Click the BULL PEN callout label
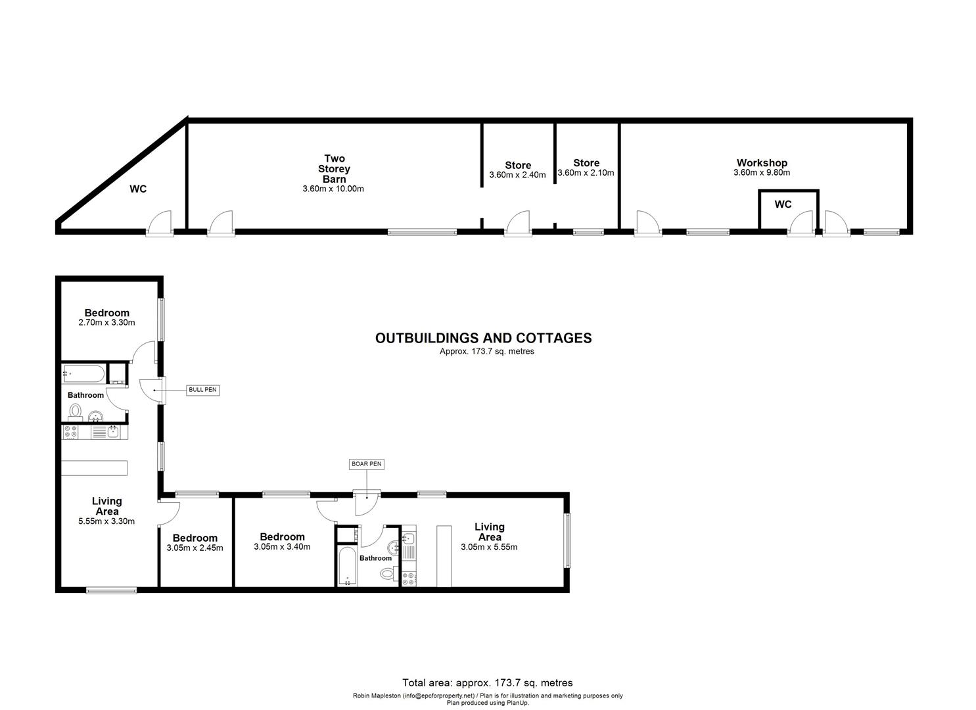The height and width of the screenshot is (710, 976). pos(202,390)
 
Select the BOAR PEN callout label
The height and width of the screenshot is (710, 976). pos(366,464)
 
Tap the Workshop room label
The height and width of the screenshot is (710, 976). pos(762,163)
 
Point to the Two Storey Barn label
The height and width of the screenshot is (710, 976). pos(334,168)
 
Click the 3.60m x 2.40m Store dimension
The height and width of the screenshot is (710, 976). pos(517,176)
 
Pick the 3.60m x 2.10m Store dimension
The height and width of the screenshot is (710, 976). pos(586,173)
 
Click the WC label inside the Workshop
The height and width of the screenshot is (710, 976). pos(783,204)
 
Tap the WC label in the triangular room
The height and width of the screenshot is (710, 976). pos(138,189)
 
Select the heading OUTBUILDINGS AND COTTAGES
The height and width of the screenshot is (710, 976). pos(483,338)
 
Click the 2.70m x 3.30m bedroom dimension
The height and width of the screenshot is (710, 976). pos(106,323)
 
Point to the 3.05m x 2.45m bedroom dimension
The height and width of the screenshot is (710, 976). pos(195,548)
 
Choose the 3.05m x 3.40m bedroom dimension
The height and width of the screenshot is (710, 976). pos(282,546)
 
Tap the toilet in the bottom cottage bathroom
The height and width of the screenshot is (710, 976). pos(387,574)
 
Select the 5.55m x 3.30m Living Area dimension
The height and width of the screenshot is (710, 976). pos(106,521)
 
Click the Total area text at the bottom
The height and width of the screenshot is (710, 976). pos(487,683)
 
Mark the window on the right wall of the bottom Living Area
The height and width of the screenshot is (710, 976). pos(567,540)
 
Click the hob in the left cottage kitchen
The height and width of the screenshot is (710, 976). pos(70,432)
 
